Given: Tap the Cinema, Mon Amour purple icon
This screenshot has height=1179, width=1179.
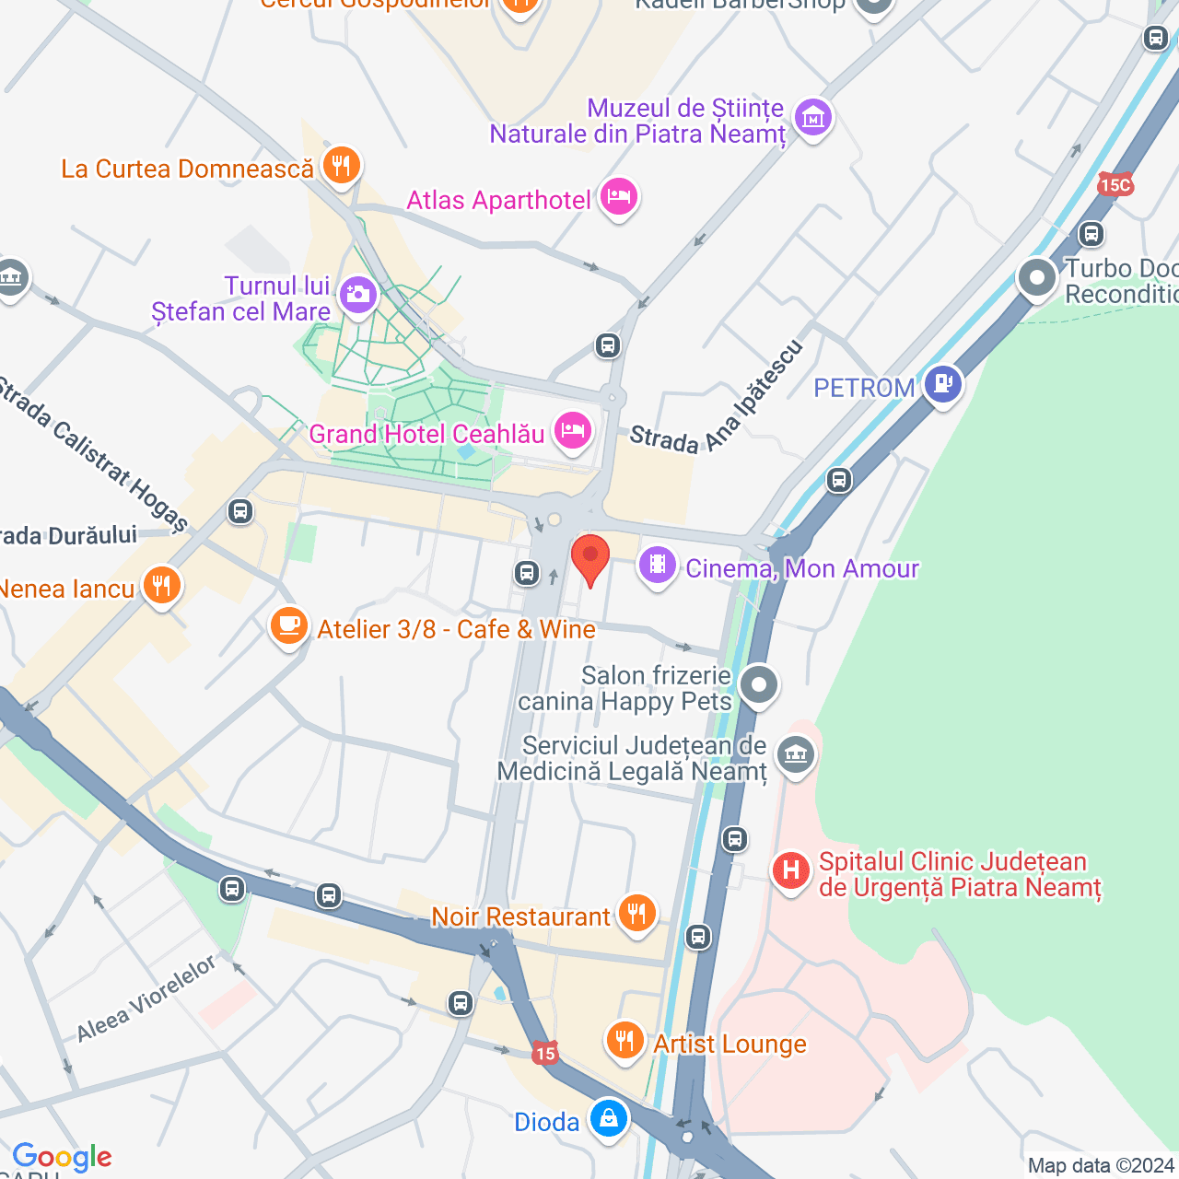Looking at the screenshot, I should point(658,565).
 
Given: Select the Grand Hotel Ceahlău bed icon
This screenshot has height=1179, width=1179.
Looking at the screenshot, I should point(573,431).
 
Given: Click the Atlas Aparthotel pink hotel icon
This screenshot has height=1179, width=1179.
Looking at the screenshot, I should point(618,197).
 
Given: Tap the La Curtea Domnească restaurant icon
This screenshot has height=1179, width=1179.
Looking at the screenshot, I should point(341,167).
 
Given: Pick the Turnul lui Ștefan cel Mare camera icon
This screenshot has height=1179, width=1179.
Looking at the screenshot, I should point(357,296).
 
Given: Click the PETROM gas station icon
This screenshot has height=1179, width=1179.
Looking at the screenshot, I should point(943,383).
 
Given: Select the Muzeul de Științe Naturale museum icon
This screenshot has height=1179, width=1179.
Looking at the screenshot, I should point(813,119).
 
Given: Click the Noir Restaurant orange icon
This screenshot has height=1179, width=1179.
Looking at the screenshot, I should point(636,914).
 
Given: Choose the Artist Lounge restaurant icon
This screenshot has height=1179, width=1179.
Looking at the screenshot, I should point(625,1042).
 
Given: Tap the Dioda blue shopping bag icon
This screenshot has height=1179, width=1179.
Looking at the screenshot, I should point(608,1119).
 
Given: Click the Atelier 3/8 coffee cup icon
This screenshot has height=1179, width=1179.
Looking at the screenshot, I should point(289,626).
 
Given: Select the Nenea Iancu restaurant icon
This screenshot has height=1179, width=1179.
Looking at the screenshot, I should point(162,586).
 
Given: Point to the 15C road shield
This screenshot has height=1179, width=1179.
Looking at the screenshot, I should point(1115,185).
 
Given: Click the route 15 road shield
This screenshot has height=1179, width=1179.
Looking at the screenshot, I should point(545,1053).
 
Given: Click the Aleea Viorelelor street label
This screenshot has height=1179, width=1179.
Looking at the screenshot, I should point(146,998).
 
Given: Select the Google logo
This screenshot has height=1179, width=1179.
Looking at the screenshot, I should point(62,1157).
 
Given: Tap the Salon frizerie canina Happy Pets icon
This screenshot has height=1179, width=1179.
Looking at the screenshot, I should point(759,685).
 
